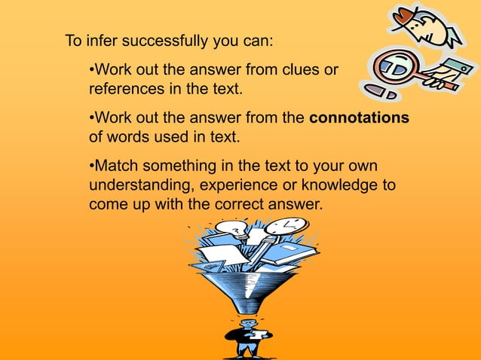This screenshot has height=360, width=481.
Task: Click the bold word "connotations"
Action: click(359, 118)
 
